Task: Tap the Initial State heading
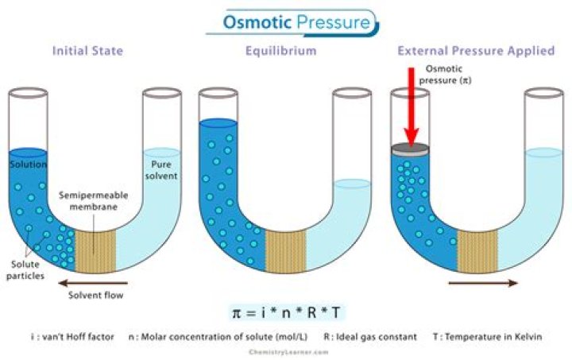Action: pyautogui.click(x=87, y=52)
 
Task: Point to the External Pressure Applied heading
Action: pyautogui.click(x=475, y=52)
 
